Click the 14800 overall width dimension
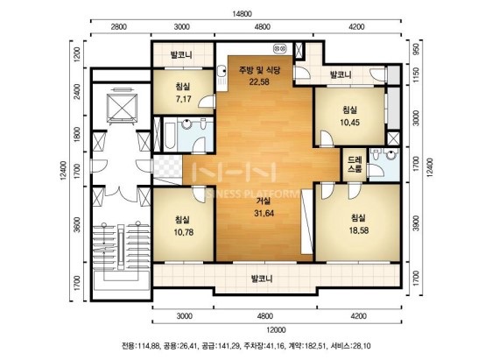[x=242, y=14]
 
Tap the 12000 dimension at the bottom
[x=276, y=330]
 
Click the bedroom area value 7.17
[x=184, y=99]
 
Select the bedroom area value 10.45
[x=350, y=123]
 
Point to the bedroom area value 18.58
[x=359, y=230]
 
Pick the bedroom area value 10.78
[x=184, y=232]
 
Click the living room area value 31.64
[x=264, y=214]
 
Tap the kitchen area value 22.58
[x=259, y=82]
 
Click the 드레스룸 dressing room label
[x=355, y=164]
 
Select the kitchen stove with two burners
[x=280, y=48]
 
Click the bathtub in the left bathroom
[x=170, y=136]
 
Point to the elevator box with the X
[x=122, y=108]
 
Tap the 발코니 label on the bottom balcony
[x=262, y=279]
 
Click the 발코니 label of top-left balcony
[x=181, y=55]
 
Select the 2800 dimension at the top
[x=119, y=26]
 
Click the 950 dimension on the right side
[x=416, y=49]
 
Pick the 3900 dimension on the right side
[x=416, y=222]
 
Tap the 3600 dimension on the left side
[x=76, y=224]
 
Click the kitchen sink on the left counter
[x=221, y=70]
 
